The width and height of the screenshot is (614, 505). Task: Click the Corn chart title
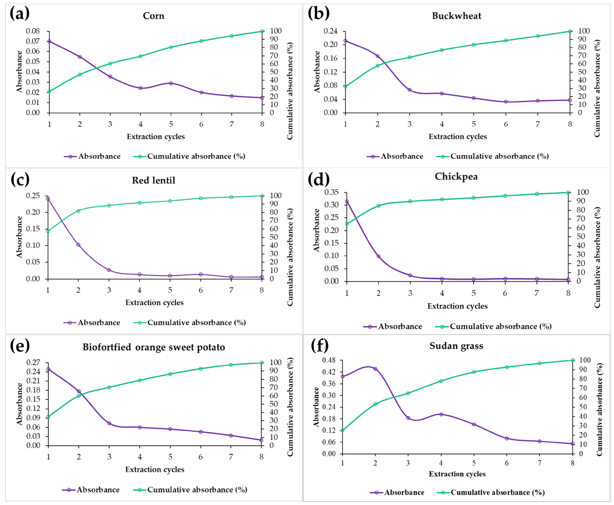click(153, 16)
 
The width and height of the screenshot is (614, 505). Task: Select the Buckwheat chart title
click(456, 16)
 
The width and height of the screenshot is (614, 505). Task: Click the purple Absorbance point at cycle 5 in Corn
click(171, 83)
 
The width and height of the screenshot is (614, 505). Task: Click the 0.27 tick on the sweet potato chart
click(33, 362)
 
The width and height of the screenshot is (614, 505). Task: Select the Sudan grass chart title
click(456, 346)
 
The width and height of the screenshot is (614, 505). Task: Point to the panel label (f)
click(320, 346)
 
